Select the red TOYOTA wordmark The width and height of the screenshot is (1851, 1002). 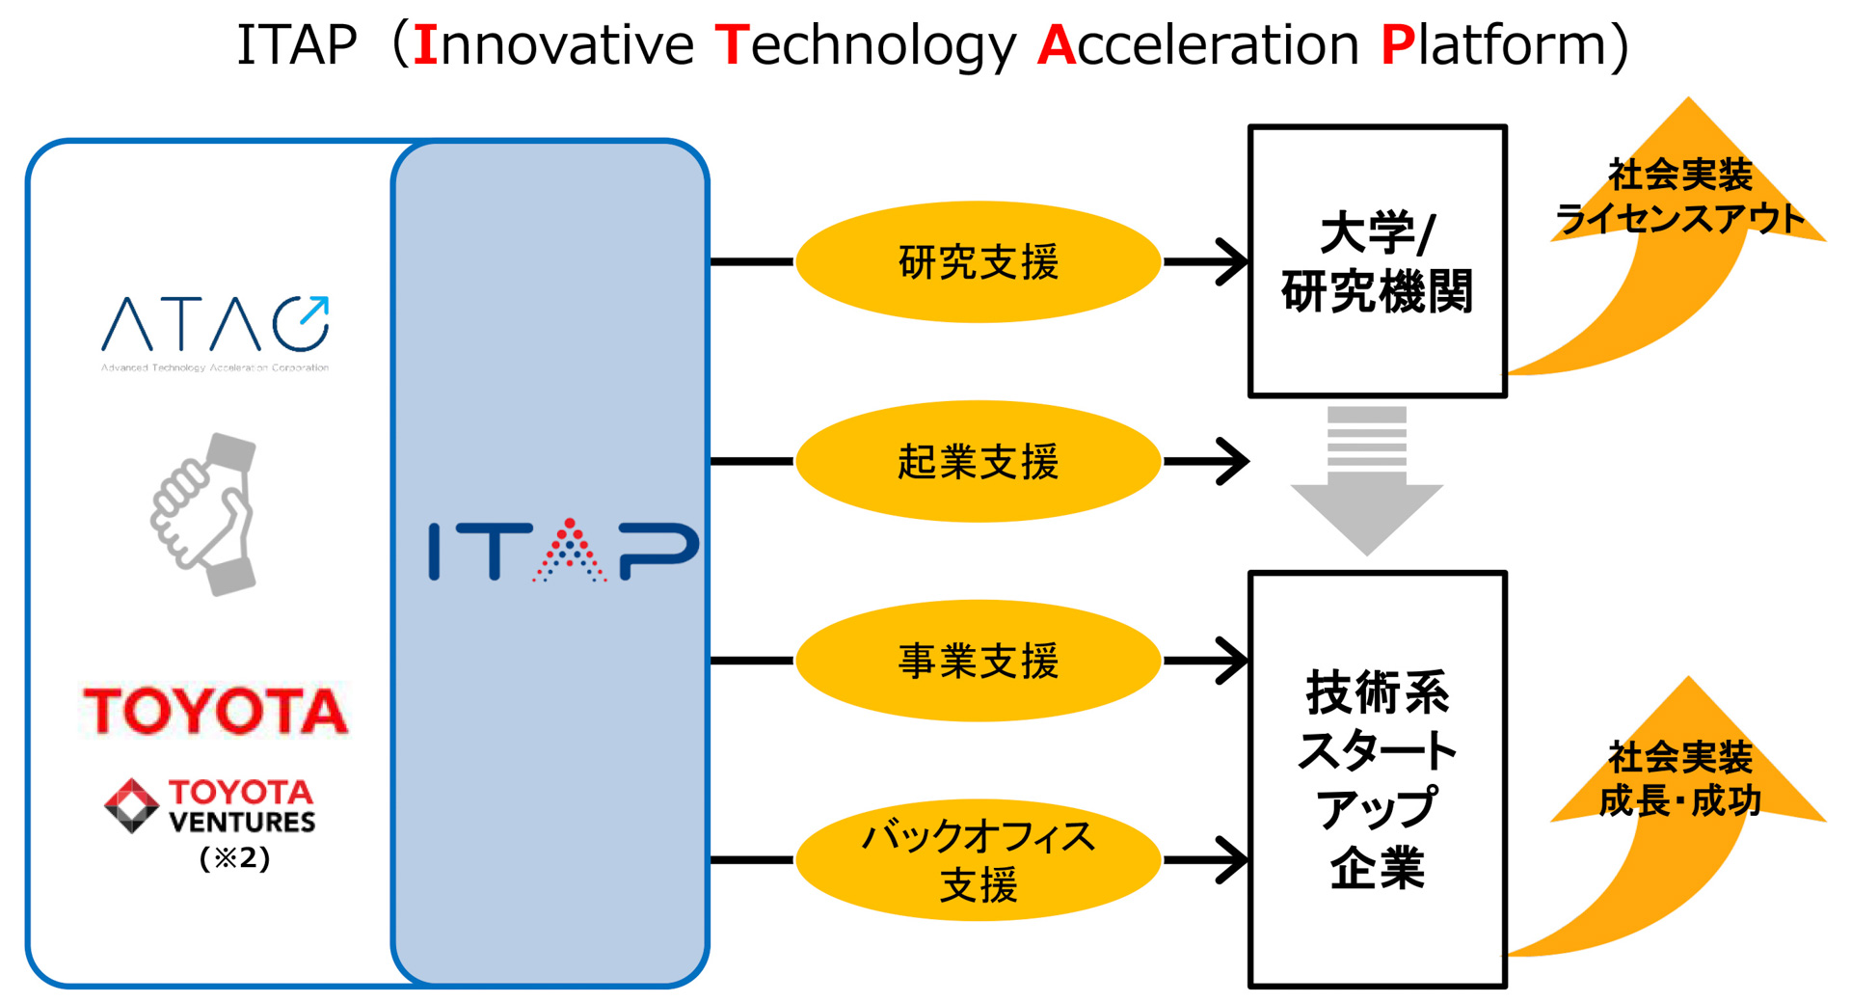[215, 712]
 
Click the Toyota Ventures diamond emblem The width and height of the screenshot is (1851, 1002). [131, 805]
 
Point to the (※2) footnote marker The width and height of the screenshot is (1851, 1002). [234, 857]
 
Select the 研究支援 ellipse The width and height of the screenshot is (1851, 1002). [978, 262]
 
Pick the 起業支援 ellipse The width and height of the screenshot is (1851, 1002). [978, 462]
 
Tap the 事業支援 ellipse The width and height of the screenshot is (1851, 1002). [978, 662]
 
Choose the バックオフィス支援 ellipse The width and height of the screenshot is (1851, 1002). [978, 860]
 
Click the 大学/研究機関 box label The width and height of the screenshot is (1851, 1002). [1377, 262]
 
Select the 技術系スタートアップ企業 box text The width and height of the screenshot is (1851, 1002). [1377, 779]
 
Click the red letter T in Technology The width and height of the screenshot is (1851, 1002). [732, 45]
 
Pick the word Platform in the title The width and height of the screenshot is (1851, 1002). [1493, 45]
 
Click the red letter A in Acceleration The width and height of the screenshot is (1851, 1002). [1056, 45]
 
